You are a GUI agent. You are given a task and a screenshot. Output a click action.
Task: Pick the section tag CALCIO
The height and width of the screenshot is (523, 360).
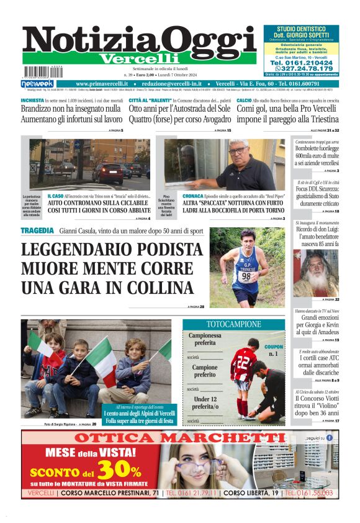(244, 100)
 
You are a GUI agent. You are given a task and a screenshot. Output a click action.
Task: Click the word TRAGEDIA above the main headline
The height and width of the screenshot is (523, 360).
(37, 230)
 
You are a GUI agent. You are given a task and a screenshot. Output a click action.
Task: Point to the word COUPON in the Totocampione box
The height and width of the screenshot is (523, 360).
(274, 347)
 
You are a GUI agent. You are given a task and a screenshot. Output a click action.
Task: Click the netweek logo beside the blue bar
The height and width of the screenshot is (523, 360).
(37, 84)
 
